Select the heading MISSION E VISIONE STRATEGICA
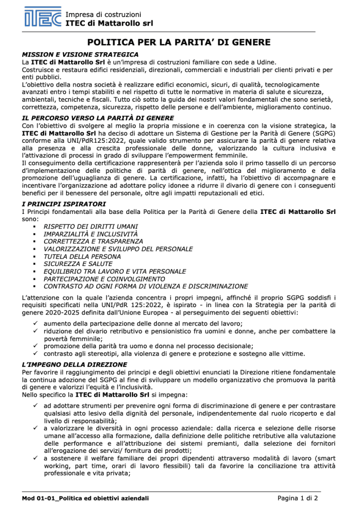[x=80, y=54]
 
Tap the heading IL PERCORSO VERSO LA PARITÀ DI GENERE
[x=98, y=118]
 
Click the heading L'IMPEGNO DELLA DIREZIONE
[x=74, y=364]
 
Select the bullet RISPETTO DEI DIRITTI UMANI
[x=91, y=226]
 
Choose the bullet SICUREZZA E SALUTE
[x=78, y=264]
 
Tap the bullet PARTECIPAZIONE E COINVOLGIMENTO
[x=104, y=279]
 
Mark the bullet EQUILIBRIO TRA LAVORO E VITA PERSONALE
[x=115, y=272]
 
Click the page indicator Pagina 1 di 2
[x=298, y=498]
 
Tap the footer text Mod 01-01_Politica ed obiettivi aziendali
[x=85, y=498]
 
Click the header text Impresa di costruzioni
[x=103, y=15]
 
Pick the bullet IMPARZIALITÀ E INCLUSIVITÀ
[x=90, y=234]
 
